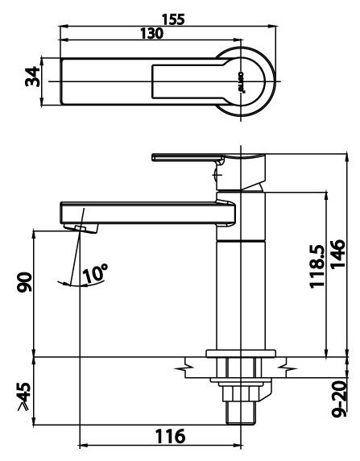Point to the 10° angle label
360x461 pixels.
(94, 273)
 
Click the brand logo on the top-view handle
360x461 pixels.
(239, 82)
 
